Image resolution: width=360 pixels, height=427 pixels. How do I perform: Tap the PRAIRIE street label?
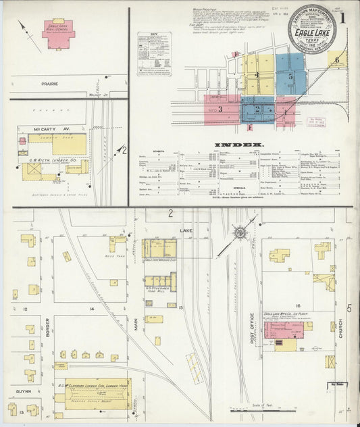click(x=49, y=84)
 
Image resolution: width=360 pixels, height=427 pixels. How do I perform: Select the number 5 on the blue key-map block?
click(x=290, y=76)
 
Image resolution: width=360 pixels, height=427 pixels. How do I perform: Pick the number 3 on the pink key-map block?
click(x=220, y=108)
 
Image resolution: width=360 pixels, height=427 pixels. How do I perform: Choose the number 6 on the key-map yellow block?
click(x=337, y=59)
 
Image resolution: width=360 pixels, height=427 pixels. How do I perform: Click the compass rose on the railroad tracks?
click(x=240, y=234)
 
